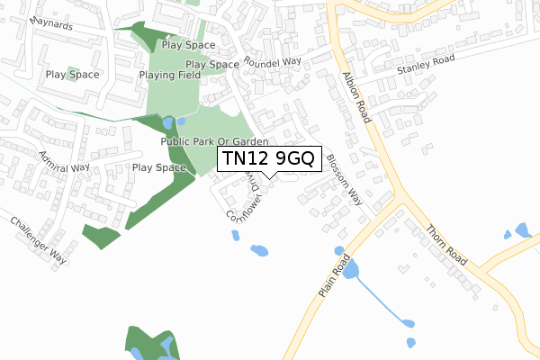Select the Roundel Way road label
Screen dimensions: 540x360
pyautogui.click(x=274, y=62)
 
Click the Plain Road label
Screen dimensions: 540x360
pyautogui.click(x=332, y=275)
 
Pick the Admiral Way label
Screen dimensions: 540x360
pyautogui.click(x=64, y=162)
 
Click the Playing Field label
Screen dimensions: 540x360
pyautogui.click(x=169, y=75)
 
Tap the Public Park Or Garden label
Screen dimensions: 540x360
pyautogui.click(x=215, y=142)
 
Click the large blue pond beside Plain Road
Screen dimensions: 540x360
pyautogui.click(x=350, y=267)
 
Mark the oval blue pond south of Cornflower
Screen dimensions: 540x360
pyautogui.click(x=259, y=249)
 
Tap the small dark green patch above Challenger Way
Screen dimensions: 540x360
pyautogui.click(x=101, y=236)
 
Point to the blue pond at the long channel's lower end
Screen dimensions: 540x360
pyautogui.click(x=410, y=324)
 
